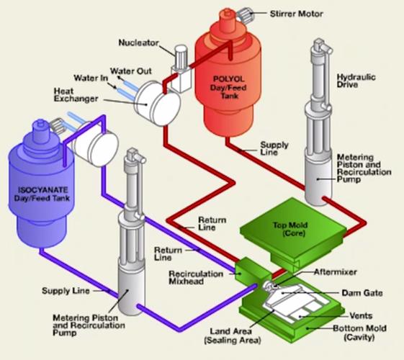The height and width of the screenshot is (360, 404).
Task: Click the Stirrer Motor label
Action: coord(296,14)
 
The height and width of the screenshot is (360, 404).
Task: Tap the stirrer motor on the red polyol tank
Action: coord(246,15)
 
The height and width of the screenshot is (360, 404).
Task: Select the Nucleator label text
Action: coord(138,42)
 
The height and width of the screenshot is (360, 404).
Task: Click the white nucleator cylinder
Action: coord(181,57)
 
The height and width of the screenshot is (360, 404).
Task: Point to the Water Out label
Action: coord(131,71)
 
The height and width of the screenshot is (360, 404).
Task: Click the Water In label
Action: coord(91,78)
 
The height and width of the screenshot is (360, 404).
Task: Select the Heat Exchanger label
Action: coord(76,95)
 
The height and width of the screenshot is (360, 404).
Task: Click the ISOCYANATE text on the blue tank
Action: coord(42,190)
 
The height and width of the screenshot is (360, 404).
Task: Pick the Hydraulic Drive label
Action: coord(356,81)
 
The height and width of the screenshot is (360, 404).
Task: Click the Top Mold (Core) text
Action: coord(290,229)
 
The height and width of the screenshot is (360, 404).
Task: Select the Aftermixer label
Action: coord(336,272)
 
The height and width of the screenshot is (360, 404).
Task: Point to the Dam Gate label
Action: coord(362,293)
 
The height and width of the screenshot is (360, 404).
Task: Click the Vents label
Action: coord(361,315)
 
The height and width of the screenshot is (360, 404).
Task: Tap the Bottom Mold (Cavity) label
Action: coord(359,332)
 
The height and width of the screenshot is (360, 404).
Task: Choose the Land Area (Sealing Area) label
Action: coord(233,336)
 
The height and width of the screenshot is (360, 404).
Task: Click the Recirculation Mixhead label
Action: coord(196,277)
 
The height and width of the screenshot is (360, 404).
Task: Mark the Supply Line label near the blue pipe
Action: coord(66,291)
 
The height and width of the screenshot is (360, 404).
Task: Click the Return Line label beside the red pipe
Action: coord(212,223)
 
